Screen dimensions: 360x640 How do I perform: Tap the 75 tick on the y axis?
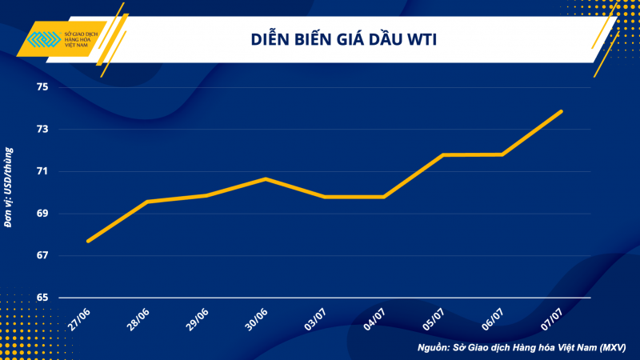42,87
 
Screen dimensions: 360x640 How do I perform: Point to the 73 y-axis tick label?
42,130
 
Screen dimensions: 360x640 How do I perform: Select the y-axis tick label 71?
42,171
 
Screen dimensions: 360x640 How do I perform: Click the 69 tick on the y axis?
42,214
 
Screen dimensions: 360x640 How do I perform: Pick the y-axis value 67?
42,255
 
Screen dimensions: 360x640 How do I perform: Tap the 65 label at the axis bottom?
42,298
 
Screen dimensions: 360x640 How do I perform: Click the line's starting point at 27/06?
88,241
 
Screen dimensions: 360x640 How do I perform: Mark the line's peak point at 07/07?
561,111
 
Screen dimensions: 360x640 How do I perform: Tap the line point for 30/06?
266,178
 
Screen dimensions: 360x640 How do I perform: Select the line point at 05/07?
442,154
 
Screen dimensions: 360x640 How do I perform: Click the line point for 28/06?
147,202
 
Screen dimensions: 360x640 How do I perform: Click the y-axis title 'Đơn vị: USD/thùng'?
9,186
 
